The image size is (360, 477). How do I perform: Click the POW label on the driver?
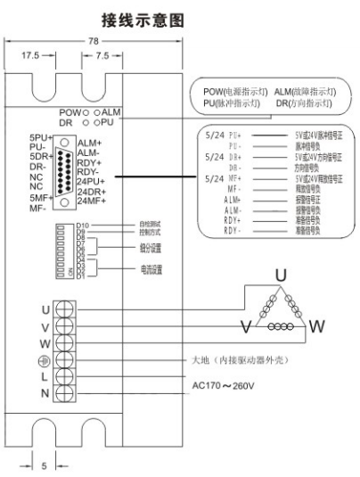click(70, 111)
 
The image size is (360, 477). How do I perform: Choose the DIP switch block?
click(65, 251)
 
